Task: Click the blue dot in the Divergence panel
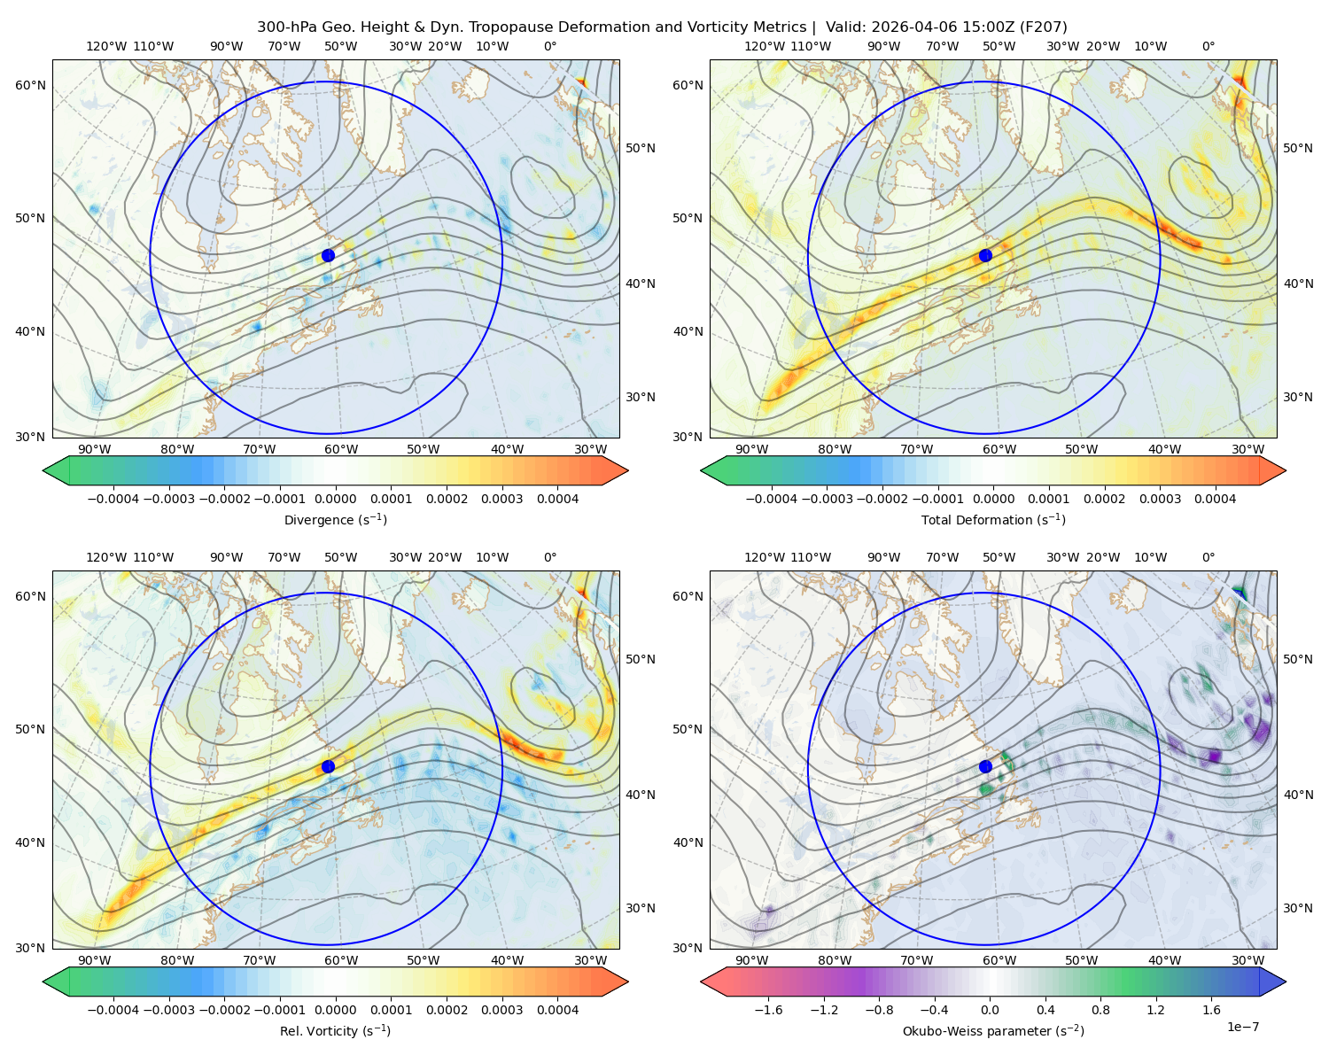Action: pos(328,256)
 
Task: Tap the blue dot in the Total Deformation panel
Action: pos(985,256)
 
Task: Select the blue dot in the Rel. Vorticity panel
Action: pos(328,766)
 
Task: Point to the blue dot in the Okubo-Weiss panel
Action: pos(985,766)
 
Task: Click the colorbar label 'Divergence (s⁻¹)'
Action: pos(335,520)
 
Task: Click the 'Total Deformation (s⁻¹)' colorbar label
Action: pos(993,520)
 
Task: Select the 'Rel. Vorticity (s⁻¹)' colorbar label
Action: pos(335,1031)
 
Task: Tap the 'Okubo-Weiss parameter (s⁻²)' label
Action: pos(993,1031)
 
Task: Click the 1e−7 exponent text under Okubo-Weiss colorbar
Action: pos(1242,1028)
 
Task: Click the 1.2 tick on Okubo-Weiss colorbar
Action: pos(1155,1010)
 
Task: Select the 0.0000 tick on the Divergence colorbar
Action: pos(335,499)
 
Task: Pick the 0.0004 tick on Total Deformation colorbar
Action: pos(1216,499)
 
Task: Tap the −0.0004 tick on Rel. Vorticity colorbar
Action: pos(113,1010)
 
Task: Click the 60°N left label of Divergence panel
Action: pos(30,85)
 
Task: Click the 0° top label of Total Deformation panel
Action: pos(1208,46)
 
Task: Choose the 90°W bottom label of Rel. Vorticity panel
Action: pos(95,960)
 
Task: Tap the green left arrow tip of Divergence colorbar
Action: pos(43,471)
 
